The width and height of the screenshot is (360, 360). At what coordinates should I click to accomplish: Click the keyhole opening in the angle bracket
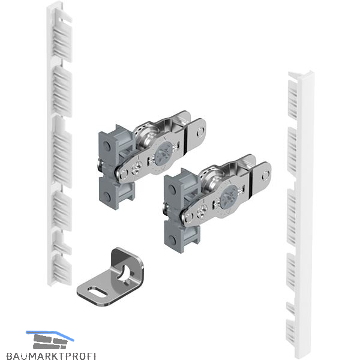pos(124,274)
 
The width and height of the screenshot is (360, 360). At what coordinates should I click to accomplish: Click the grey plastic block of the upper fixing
pos(115,167)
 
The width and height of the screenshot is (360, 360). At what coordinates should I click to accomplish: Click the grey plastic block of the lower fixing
pos(181,211)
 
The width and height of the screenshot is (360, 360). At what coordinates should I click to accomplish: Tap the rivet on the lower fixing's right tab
pos(266,175)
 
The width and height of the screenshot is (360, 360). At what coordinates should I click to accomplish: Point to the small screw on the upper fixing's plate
pos(139,166)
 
